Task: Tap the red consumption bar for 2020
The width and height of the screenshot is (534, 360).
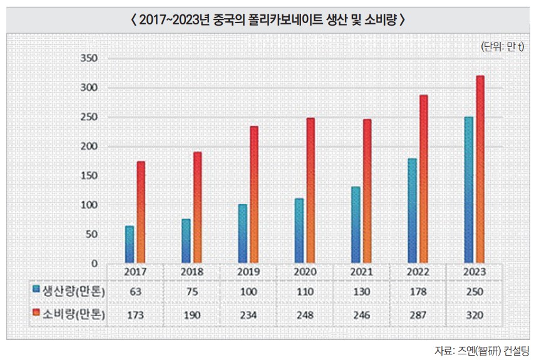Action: (x=311, y=190)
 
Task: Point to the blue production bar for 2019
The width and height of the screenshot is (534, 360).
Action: (x=242, y=234)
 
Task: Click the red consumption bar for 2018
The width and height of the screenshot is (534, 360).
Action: (x=197, y=207)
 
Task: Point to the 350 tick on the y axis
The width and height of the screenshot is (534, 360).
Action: (x=89, y=59)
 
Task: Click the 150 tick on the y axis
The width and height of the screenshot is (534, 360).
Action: (x=89, y=176)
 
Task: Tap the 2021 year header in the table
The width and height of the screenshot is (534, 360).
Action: (x=361, y=273)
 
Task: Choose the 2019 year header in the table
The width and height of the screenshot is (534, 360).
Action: (x=249, y=273)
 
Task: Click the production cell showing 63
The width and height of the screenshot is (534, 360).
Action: (x=135, y=291)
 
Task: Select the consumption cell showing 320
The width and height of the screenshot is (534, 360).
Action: (x=474, y=315)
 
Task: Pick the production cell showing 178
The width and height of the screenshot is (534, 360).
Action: (x=418, y=291)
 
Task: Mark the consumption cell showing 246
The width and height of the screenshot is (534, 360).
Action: (x=361, y=315)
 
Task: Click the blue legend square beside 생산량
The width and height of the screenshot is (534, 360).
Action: (x=36, y=289)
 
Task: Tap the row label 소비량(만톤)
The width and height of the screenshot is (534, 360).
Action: (x=73, y=315)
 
